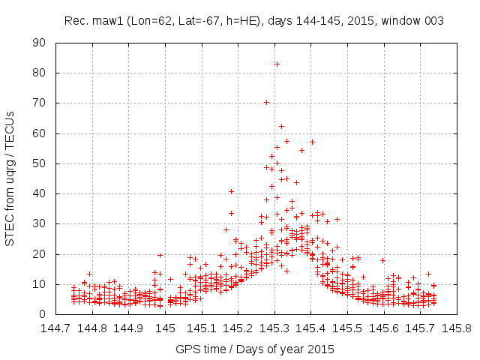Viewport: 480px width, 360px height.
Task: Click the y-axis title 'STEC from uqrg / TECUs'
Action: (10, 178)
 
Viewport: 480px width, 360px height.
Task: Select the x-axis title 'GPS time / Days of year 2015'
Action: (254, 349)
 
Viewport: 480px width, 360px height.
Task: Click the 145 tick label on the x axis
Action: (166, 328)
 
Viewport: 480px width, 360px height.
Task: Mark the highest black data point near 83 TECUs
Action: (277, 64)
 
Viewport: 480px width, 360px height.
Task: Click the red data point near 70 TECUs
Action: (266, 102)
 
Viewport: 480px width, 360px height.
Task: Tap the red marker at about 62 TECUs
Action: (281, 126)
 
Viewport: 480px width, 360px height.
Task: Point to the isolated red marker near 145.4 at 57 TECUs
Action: (312, 142)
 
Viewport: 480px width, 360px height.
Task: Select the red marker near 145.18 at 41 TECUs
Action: (231, 191)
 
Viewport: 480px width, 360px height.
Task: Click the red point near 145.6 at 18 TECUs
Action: (382, 260)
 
